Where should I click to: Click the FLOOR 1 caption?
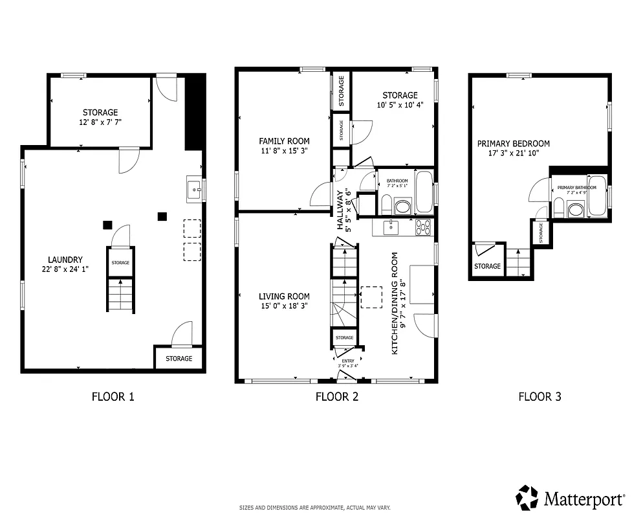tap(113, 396)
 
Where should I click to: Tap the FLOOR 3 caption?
tap(539, 396)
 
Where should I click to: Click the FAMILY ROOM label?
tap(284, 141)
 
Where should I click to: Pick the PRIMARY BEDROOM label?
tap(513, 144)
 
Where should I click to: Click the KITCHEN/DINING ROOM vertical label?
tap(398, 302)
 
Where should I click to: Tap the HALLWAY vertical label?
tap(343, 210)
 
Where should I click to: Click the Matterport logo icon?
tap(527, 497)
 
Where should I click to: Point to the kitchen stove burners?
tap(423, 227)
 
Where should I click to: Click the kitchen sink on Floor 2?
tap(391, 227)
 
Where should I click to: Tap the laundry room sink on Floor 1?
tap(194, 190)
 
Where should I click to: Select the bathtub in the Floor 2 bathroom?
tap(424, 192)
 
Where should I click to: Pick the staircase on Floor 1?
tap(120, 295)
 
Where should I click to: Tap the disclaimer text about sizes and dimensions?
tap(315, 508)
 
